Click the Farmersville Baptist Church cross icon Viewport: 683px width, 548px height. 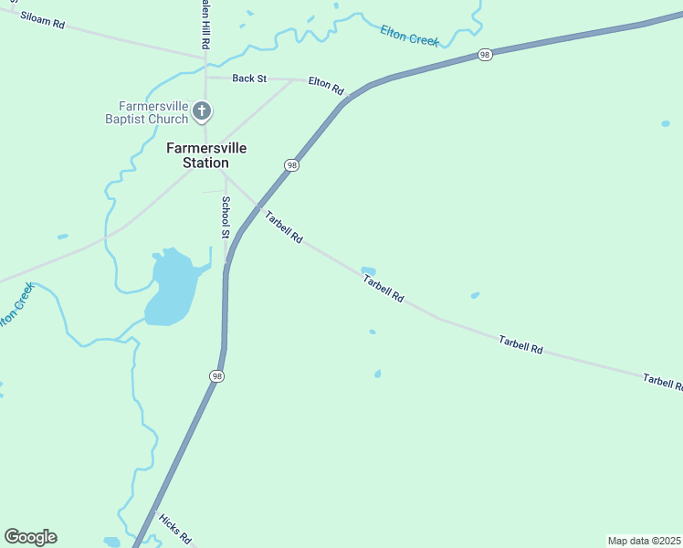point(202,112)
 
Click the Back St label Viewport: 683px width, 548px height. point(248,79)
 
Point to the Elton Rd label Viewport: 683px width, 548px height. point(326,86)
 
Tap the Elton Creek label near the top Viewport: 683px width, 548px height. point(410,36)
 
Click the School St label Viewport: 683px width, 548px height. point(226,217)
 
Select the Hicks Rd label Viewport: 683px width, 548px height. point(173,527)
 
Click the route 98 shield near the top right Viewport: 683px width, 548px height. point(485,56)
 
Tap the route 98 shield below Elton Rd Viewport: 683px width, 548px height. point(291,165)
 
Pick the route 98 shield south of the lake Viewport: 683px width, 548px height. point(215,376)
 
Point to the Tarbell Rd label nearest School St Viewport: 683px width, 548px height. point(284,227)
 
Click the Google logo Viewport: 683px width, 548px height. point(30,537)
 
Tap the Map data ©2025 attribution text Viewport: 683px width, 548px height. point(645,541)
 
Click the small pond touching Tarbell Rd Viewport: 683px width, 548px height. point(368,270)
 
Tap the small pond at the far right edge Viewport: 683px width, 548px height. point(665,122)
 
